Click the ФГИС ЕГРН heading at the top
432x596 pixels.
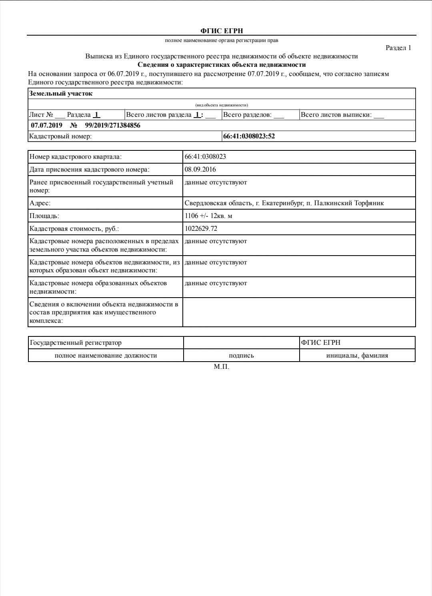(x=221, y=31)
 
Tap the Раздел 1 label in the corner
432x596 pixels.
(x=398, y=48)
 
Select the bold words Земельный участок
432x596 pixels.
(x=61, y=94)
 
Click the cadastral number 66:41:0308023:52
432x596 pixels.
(x=249, y=136)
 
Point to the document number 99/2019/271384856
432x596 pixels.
(x=112, y=126)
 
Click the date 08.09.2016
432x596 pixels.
(x=200, y=170)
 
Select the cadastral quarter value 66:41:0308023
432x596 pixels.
(x=205, y=157)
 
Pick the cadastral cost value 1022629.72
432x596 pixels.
(x=201, y=229)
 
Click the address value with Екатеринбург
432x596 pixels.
(x=284, y=203)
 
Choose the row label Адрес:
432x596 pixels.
(x=40, y=203)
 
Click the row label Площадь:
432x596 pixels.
(x=44, y=216)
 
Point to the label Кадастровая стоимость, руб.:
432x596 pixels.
(x=74, y=229)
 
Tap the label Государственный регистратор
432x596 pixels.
(x=76, y=343)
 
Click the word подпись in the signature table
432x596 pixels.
(x=241, y=356)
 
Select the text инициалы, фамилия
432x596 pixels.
(x=357, y=356)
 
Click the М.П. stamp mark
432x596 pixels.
(x=222, y=367)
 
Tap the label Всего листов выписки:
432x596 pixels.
(x=336, y=115)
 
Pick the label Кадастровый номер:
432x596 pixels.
(x=60, y=136)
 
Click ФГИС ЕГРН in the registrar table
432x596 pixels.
(x=321, y=343)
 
